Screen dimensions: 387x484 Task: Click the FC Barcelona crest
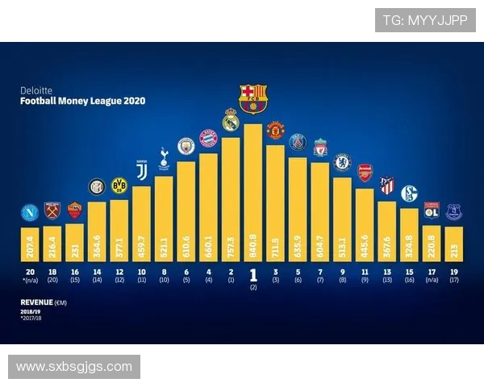click(252, 98)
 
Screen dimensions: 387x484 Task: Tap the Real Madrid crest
click(231, 119)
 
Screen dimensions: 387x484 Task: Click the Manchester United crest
click(275, 130)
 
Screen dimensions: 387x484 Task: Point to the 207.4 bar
click(30, 241)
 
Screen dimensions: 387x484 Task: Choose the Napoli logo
click(30, 213)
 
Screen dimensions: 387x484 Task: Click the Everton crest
click(453, 212)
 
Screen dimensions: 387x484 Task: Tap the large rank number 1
click(252, 273)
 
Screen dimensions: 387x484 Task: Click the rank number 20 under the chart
click(30, 272)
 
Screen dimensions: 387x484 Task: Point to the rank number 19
click(453, 272)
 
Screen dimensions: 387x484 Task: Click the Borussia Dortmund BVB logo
click(119, 185)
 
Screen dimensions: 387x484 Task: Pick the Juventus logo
click(141, 171)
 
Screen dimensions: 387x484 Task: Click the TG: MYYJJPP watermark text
click(424, 21)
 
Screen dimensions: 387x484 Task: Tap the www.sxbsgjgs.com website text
click(74, 367)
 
